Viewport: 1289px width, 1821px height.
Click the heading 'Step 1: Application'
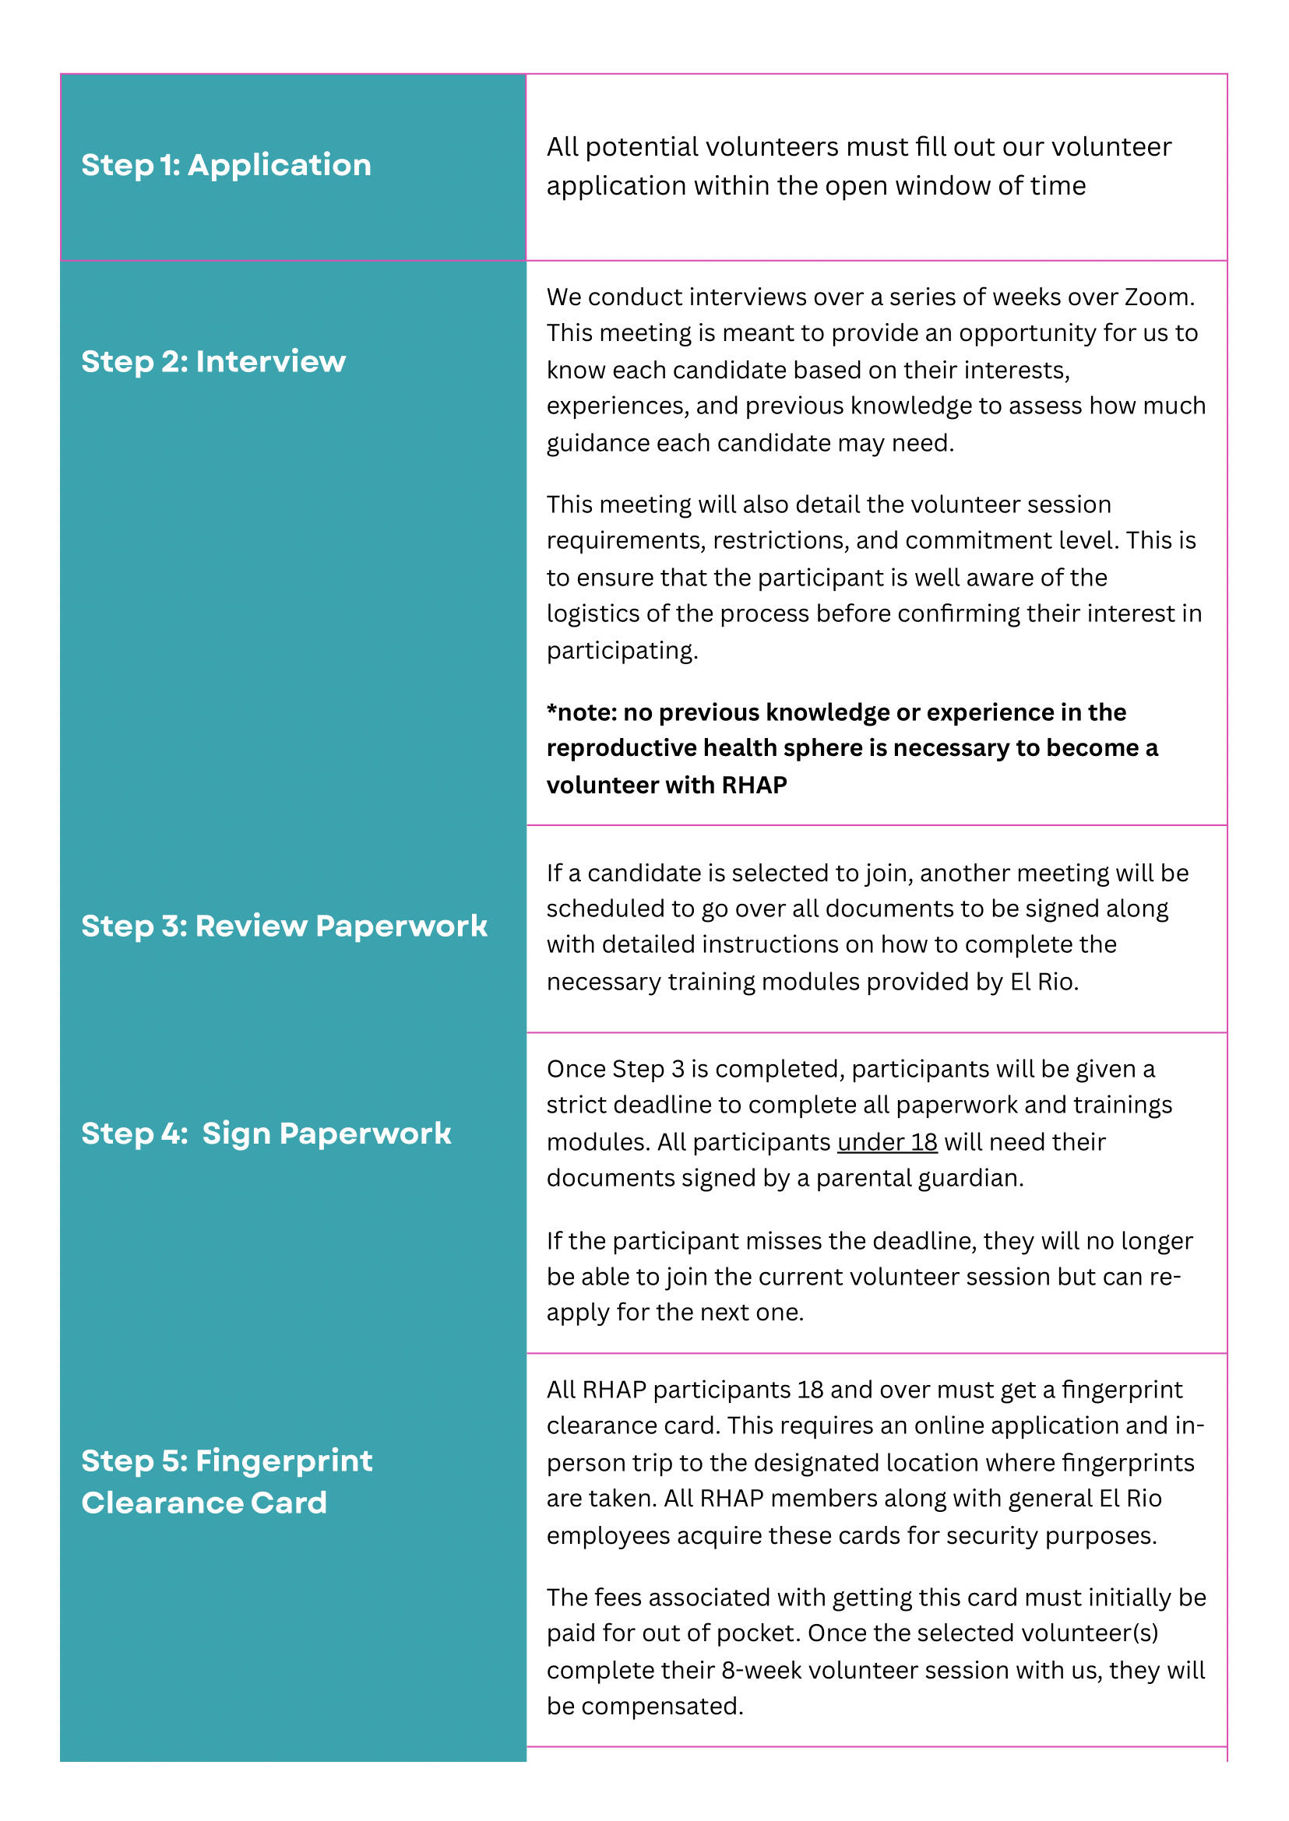point(226,165)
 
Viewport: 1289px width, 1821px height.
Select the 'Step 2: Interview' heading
point(213,362)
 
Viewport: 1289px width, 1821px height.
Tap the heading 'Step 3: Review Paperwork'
point(284,926)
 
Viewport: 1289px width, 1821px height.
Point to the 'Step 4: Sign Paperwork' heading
point(266,1133)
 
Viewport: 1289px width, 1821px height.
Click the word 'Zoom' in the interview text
point(1157,297)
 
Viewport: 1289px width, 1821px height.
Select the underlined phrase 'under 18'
point(886,1142)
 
